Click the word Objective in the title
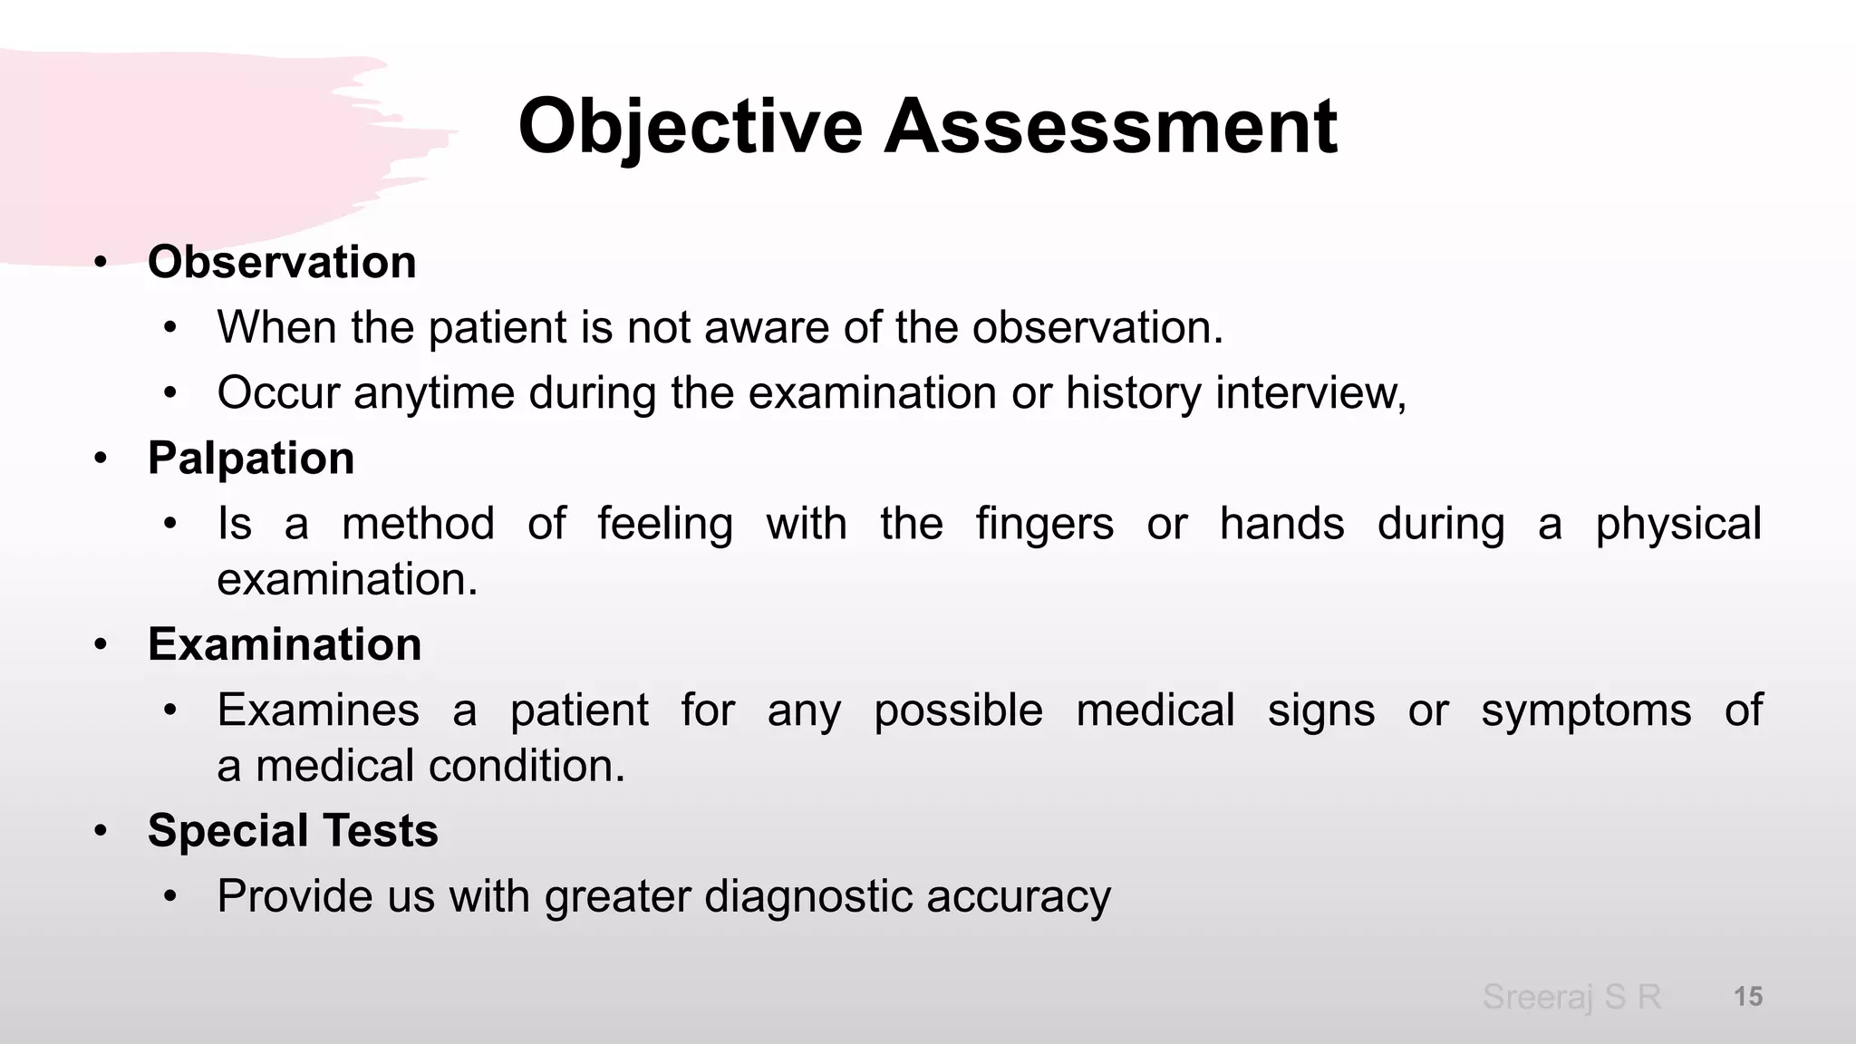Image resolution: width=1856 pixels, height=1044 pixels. point(689,127)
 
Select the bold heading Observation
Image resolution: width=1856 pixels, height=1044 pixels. point(282,263)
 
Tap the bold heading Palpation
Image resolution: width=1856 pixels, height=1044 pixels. point(251,459)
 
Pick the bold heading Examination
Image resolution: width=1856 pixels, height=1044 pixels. point(285,645)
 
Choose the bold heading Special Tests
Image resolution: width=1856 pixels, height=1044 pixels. point(293,831)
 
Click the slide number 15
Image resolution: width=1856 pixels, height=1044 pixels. point(1747,997)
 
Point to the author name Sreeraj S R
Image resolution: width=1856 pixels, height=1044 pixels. point(1571,997)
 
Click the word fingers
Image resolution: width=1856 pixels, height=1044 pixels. point(1044,525)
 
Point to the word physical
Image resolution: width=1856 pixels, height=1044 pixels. point(1677,525)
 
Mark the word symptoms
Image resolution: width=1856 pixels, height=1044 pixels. point(1586,710)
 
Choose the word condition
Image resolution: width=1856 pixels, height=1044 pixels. point(527,767)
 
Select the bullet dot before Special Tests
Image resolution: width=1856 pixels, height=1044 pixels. point(101,832)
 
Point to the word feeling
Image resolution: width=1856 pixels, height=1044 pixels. point(665,525)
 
